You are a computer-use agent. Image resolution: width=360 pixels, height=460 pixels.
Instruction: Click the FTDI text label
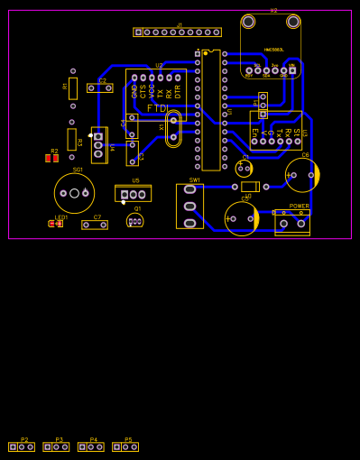(x=157, y=108)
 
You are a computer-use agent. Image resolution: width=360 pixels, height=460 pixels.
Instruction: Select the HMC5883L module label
(x=273, y=50)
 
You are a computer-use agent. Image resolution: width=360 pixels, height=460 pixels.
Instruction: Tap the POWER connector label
(x=299, y=207)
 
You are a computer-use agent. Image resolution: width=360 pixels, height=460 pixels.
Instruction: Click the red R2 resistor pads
(x=52, y=159)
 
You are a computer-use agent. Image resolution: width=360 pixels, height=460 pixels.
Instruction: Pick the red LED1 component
(x=56, y=223)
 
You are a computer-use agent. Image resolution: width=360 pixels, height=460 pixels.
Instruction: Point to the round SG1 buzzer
(x=74, y=192)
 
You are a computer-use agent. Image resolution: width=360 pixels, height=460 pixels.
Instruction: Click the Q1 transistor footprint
(x=135, y=220)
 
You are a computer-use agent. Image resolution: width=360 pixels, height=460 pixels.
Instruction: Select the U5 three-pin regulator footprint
(x=134, y=194)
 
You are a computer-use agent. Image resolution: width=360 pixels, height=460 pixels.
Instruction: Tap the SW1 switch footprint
(x=189, y=206)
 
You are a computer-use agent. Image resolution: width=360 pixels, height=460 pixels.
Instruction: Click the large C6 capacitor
(x=302, y=175)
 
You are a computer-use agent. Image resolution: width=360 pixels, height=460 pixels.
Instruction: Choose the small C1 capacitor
(x=244, y=168)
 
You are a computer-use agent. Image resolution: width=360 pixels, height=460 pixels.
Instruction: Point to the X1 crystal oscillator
(x=172, y=126)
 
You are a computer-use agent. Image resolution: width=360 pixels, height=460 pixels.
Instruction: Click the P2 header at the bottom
(x=22, y=446)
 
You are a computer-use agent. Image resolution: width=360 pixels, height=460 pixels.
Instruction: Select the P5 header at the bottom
(x=125, y=446)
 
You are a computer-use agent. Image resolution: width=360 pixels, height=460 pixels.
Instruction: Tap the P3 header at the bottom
(x=56, y=446)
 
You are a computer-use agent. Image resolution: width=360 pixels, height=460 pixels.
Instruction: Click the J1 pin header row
(x=178, y=32)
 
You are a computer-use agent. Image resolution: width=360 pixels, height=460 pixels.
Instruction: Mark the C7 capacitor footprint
(x=95, y=225)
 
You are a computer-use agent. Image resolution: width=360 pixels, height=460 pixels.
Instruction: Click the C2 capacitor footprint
(x=100, y=88)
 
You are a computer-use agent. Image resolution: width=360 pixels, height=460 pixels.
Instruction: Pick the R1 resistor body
(x=72, y=139)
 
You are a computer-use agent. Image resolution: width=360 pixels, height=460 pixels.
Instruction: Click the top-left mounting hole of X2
(x=248, y=21)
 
